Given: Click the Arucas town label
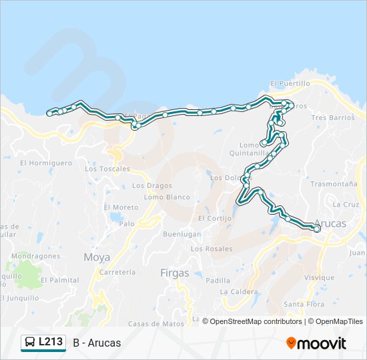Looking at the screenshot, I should (x=330, y=223).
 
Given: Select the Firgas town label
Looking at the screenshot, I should (x=175, y=273).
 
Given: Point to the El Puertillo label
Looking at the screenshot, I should (x=290, y=84).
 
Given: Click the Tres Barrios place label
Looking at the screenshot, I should (x=333, y=117).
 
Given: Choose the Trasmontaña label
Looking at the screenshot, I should (x=334, y=184).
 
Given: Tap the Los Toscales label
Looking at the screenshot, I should (x=107, y=169).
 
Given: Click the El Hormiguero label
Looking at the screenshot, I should (x=46, y=163).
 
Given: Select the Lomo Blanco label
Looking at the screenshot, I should (x=167, y=197).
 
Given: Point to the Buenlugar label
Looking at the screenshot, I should (x=181, y=235).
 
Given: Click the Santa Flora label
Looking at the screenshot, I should (x=304, y=305).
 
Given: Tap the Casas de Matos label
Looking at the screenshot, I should (x=156, y=324).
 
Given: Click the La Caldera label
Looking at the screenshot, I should (x=239, y=292).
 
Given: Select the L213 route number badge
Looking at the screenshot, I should (x=51, y=342).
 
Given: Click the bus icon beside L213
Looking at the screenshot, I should (x=31, y=343).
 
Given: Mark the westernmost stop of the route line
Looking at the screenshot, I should (x=49, y=113).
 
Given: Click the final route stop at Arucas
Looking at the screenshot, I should (x=317, y=229).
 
